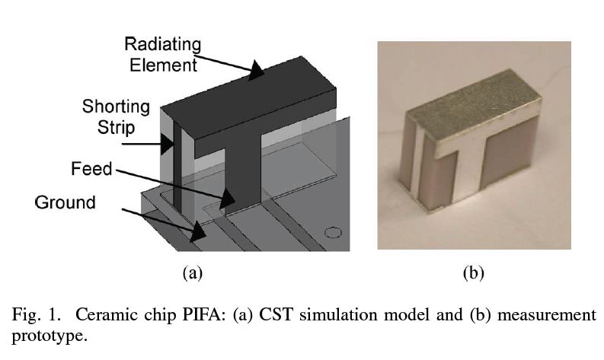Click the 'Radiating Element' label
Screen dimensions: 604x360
pyautogui.click(x=162, y=54)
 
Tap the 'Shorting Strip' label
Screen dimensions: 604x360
pyautogui.click(x=116, y=116)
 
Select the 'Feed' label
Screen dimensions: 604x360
pyautogui.click(x=91, y=169)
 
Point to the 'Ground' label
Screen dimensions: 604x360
pyautogui.click(x=66, y=202)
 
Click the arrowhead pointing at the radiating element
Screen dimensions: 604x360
pyautogui.click(x=255, y=70)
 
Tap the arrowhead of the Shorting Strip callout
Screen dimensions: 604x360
pyautogui.click(x=167, y=144)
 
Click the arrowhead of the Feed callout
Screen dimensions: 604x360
pyautogui.click(x=227, y=199)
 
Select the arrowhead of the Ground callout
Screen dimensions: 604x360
pyautogui.click(x=197, y=231)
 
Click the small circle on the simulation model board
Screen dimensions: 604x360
pyautogui.click(x=333, y=233)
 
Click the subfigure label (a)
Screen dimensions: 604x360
pyautogui.click(x=193, y=272)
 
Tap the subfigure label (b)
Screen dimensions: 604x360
pyautogui.click(x=474, y=272)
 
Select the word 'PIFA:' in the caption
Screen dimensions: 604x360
pyautogui.click(x=203, y=314)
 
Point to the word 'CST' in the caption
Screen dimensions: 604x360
pyautogui.click(x=276, y=314)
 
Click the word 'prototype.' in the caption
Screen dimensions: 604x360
pyautogui.click(x=50, y=336)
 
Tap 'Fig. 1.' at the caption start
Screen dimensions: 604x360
pyautogui.click(x=37, y=315)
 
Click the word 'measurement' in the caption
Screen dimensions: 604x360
pyautogui.click(x=547, y=315)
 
